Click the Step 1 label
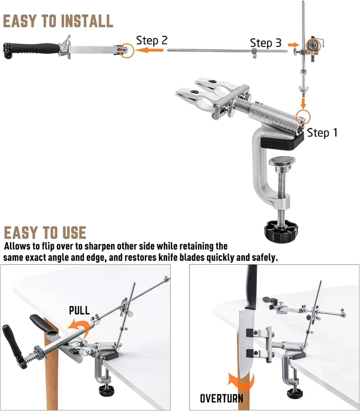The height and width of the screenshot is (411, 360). pos(322,133)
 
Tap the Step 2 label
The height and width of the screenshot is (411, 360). pos(152,40)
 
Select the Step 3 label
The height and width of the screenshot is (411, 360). pos(265,43)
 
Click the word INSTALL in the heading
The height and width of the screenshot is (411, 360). pos(88,21)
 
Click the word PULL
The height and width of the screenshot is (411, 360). pos(79,310)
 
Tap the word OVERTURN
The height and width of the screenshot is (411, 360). pos(222,398)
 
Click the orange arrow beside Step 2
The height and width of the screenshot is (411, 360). pos(149,50)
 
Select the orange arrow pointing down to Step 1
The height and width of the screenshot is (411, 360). pos(303,104)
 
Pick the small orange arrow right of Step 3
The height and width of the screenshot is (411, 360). pos(293,44)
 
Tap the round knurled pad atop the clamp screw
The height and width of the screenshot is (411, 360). pos(282,160)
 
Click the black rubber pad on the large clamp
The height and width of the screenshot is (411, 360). pos(282,142)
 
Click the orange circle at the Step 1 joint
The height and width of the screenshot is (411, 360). pos(303,117)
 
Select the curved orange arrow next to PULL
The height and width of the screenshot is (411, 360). pos(78,327)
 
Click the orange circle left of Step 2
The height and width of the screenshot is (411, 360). pos(127,51)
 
